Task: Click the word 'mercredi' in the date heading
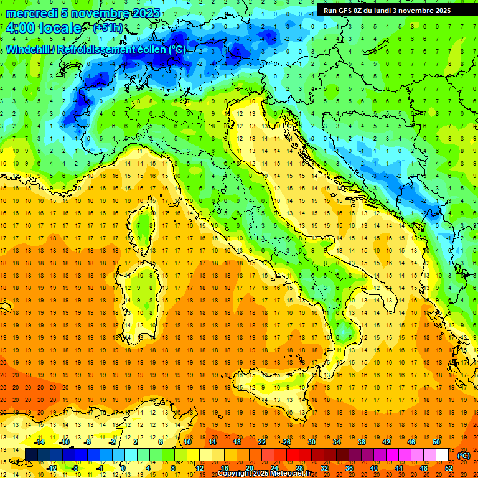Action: [x=30, y=13]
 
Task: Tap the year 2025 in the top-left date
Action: [x=144, y=13]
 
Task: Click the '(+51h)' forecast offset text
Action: [x=108, y=28]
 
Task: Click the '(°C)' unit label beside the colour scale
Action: [x=464, y=456]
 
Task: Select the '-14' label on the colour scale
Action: [x=39, y=442]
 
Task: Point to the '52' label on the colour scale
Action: [x=449, y=468]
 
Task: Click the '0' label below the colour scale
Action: [x=123, y=468]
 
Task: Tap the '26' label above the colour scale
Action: [x=286, y=442]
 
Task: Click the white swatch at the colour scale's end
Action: [x=442, y=455]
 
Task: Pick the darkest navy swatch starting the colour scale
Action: [x=31, y=455]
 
